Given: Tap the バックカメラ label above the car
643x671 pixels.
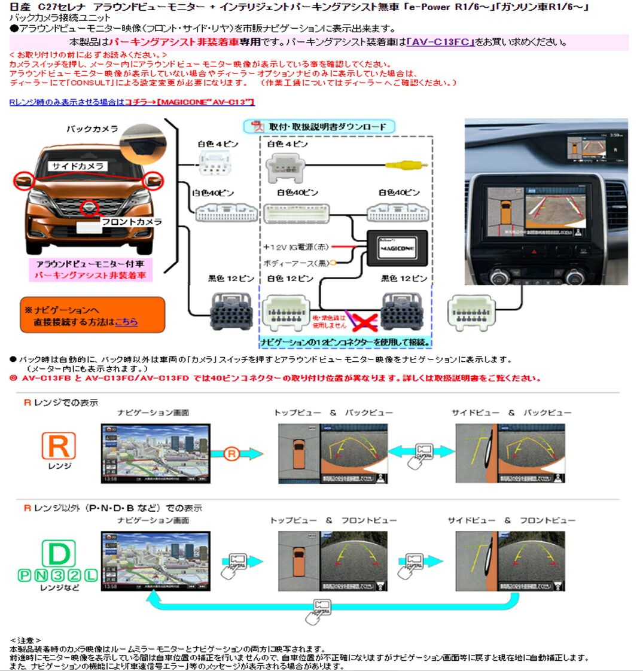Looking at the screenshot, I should (x=92, y=129).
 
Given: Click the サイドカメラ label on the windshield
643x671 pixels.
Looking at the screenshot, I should (x=77, y=166).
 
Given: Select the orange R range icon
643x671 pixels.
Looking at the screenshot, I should (x=59, y=446).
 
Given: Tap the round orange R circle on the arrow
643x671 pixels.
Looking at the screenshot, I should (x=231, y=454).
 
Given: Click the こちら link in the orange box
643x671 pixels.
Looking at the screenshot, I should (x=126, y=322).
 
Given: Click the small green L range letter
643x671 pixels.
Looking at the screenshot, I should (x=90, y=575).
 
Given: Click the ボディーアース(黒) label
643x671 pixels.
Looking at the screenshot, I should (x=295, y=263).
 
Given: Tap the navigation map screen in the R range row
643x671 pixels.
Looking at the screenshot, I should (x=156, y=453).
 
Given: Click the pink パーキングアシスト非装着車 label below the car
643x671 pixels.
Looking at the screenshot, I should (x=90, y=276).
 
